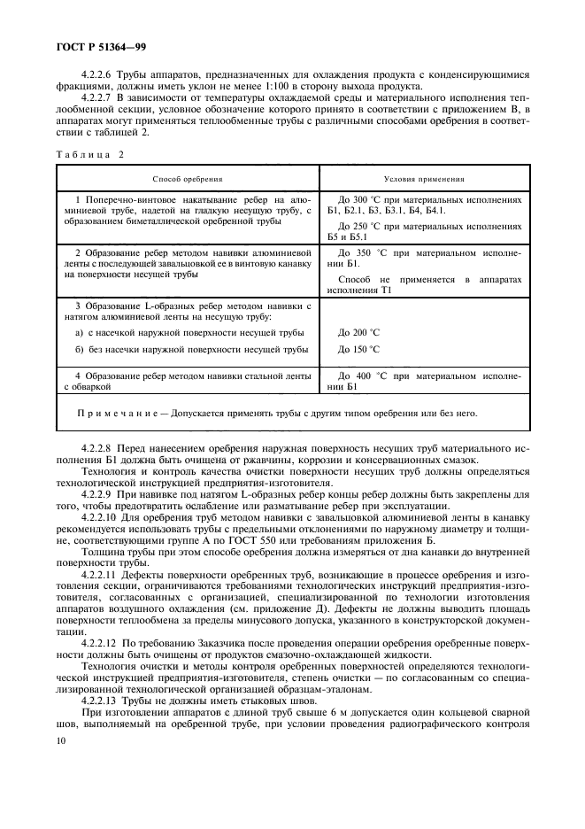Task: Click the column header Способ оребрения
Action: [x=187, y=178]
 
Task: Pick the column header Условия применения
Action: [x=419, y=178]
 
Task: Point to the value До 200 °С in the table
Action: [x=358, y=332]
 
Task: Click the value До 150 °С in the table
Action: [x=358, y=350]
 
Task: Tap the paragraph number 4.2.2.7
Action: [x=99, y=99]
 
